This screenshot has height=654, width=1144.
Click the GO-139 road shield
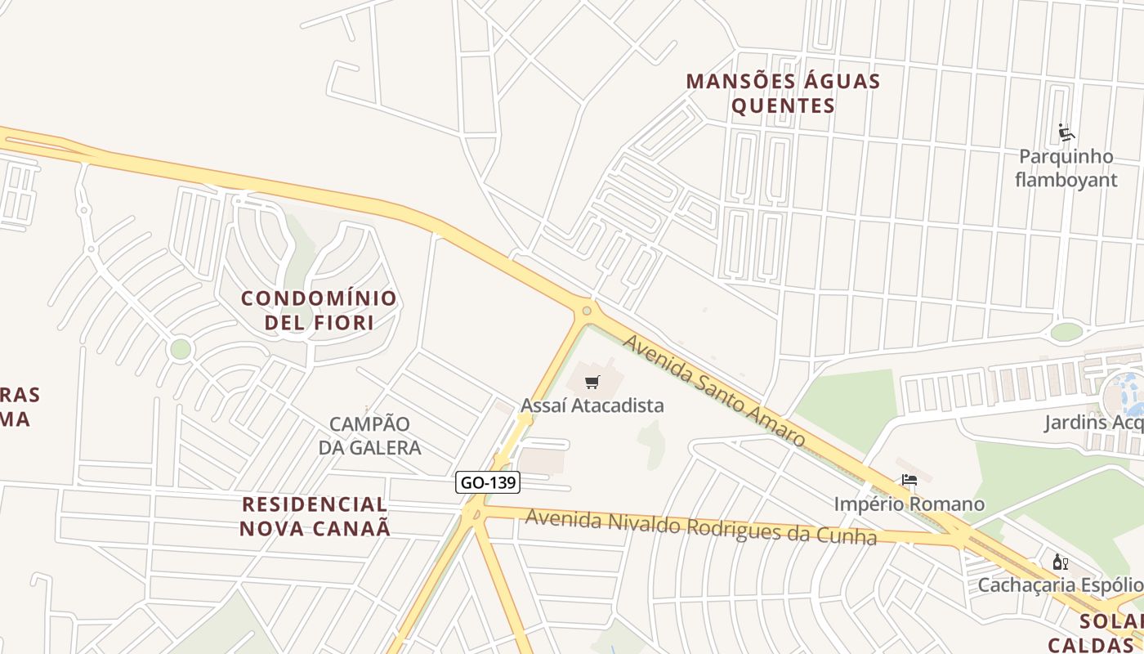[488, 482]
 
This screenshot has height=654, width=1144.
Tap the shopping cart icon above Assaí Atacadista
[593, 382]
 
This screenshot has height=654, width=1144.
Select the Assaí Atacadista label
[592, 405]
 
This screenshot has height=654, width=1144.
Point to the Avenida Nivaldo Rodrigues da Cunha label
[700, 527]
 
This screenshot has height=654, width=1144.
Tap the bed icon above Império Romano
[909, 480]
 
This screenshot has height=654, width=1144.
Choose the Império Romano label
[909, 504]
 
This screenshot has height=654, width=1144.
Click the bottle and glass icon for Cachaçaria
[1061, 562]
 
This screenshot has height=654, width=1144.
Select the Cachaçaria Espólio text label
[1060, 585]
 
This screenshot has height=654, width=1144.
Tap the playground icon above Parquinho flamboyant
[1066, 132]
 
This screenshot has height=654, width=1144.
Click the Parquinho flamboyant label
[1066, 168]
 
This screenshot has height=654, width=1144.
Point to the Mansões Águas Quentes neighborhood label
[783, 93]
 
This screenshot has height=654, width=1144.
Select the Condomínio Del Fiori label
[319, 310]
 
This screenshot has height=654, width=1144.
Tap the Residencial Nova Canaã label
[315, 516]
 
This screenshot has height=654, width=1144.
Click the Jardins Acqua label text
[1093, 423]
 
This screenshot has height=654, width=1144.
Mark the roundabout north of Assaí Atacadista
[586, 311]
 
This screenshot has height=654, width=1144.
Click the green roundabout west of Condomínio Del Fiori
[181, 349]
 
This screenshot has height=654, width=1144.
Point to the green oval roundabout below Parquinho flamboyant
[1066, 332]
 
